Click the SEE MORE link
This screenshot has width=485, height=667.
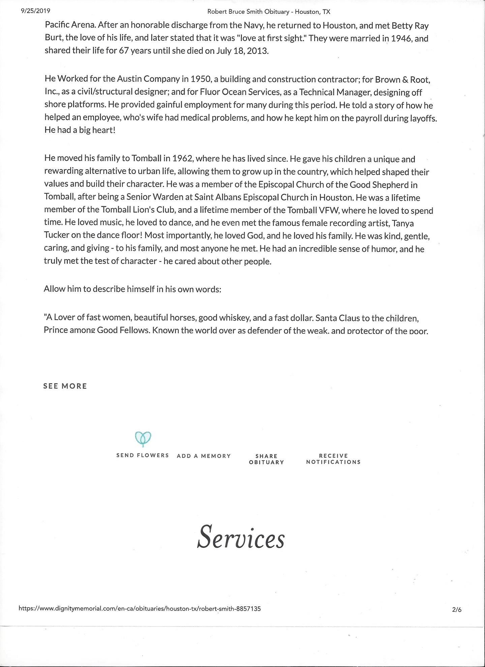65,386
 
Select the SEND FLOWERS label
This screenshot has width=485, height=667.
143,455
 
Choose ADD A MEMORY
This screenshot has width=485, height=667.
204,456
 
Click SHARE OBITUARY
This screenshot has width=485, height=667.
267,459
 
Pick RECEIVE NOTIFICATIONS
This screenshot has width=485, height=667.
333,459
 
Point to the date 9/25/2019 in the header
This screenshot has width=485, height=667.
35,11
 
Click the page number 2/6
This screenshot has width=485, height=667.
457,609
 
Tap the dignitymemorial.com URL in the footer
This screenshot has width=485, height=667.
140,609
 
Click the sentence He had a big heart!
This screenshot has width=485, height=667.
80,130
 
